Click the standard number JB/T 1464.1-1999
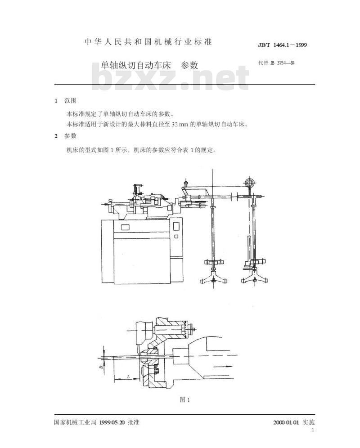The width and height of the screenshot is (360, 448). click(283, 45)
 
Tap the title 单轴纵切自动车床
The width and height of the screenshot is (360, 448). click(136, 65)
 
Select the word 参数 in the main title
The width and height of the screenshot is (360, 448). click(189, 65)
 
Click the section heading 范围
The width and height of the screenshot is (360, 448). click(70, 101)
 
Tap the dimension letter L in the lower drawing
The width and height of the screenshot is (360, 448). click(128, 376)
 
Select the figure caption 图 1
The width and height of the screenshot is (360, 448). click(184, 400)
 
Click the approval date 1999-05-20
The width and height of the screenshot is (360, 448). click(112, 422)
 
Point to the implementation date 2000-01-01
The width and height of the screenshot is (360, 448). click(286, 422)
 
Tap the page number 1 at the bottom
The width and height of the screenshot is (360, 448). click(313, 430)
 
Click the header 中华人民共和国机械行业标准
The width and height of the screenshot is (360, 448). click(148, 42)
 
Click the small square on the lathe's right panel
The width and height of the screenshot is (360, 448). click(176, 236)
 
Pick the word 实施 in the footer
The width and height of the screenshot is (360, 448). click(309, 422)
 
